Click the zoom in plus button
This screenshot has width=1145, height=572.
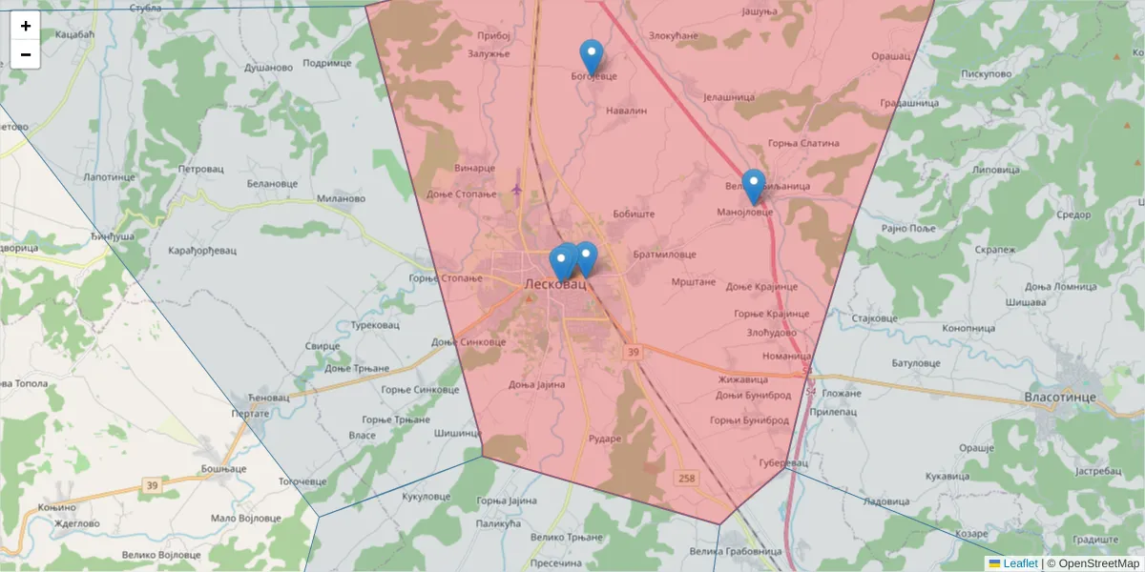tap(26, 26)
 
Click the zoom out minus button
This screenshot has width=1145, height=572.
tap(26, 54)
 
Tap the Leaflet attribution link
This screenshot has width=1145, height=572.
tap(1020, 563)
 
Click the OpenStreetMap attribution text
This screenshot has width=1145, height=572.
tap(1098, 563)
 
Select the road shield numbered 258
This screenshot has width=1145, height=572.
tap(686, 477)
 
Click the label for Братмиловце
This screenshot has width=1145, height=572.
tap(663, 255)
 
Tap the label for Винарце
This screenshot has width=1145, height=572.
tap(475, 168)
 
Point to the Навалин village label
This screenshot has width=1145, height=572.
tap(627, 111)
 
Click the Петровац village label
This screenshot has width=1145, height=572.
tap(200, 168)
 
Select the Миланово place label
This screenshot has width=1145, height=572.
tap(341, 199)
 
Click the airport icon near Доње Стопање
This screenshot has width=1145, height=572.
tap(517, 188)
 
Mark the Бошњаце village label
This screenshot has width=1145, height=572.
tap(224, 469)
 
